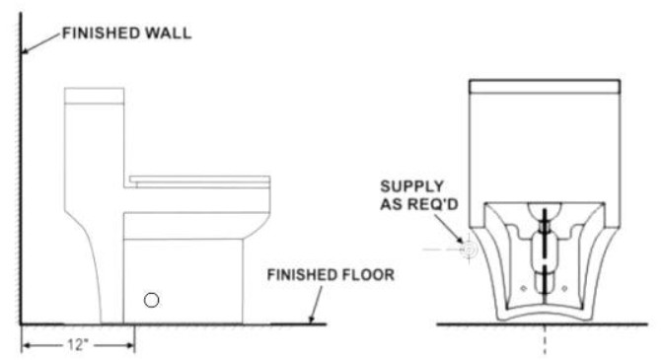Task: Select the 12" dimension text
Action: point(76,346)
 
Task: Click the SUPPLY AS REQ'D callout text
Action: point(425,195)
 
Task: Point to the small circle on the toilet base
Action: point(151,299)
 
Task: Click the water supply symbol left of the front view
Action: point(469,251)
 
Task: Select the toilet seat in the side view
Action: point(198,180)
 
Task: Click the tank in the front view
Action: point(544,138)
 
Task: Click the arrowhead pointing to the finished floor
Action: point(313,318)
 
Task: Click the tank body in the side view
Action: point(95,148)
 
